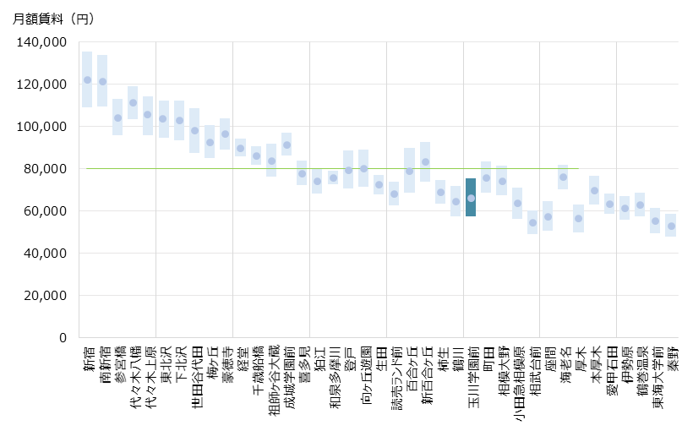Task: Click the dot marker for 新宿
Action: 87,79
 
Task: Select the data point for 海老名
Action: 563,177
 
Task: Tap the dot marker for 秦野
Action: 671,226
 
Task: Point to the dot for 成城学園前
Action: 286,145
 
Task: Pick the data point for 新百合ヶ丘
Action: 425,161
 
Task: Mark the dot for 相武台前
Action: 532,222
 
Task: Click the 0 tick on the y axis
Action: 63,338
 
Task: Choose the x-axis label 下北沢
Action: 179,364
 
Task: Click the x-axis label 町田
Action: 487,359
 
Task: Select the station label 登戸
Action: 348,359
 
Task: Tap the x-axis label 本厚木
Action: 594,364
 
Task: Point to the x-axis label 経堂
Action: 241,359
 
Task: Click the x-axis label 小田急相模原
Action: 517,379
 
